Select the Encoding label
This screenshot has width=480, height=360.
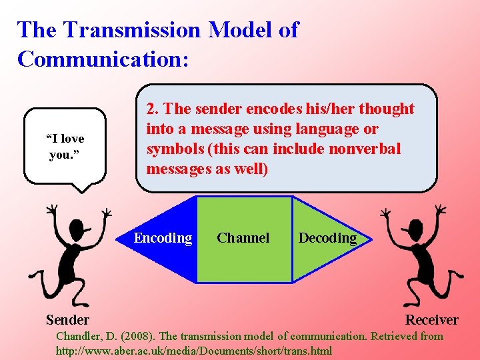163,238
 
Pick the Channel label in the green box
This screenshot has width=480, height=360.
243,238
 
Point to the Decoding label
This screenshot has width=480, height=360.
327,238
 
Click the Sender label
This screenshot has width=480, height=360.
67,319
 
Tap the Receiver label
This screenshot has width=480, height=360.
431,319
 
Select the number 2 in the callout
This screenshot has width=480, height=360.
151,109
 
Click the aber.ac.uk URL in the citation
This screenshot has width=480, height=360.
193,350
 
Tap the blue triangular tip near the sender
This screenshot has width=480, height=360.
127,239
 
